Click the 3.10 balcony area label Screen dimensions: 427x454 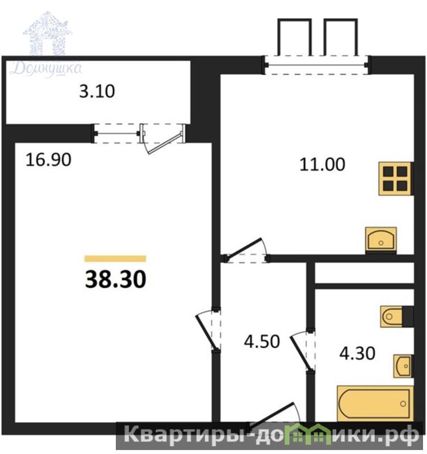tap(97, 91)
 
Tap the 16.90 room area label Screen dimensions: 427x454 tap(48, 160)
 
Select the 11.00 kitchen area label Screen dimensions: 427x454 tap(322, 165)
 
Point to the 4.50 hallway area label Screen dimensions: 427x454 tap(262, 341)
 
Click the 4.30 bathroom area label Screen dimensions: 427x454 tap(357, 353)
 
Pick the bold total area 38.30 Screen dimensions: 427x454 tap(116, 280)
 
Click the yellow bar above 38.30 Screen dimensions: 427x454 tap(115, 259)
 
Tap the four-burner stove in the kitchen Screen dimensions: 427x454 tap(395, 178)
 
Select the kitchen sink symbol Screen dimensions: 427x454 tap(381, 239)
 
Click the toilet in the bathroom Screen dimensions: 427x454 tap(392, 316)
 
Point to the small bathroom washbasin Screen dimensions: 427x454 tap(403, 366)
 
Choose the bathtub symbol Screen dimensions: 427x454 tap(375, 403)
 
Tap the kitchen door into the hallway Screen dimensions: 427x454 tap(246, 250)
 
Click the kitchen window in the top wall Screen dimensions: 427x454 tap(316, 65)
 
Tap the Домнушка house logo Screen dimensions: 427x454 tap(47, 45)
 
